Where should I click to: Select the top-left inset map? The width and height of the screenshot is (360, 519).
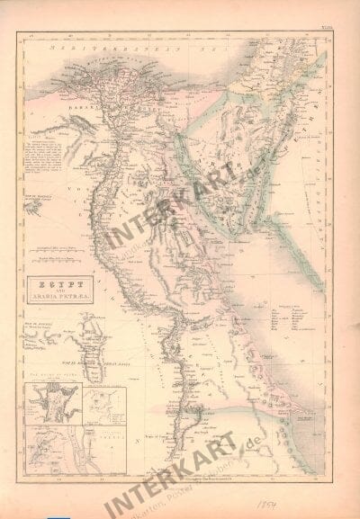(53, 404)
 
